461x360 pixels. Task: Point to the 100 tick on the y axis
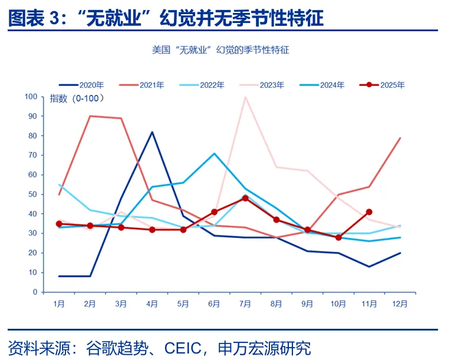pyautogui.click(x=30, y=97)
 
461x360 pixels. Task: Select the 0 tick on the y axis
pyautogui.click(x=35, y=292)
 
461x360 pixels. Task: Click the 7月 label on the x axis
pyautogui.click(x=245, y=304)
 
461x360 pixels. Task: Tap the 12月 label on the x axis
pyautogui.click(x=400, y=304)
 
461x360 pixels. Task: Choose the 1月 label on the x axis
pyautogui.click(x=59, y=304)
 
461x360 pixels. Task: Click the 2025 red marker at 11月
pyautogui.click(x=369, y=212)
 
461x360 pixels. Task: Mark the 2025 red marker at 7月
pyautogui.click(x=245, y=199)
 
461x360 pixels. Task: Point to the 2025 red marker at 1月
pyautogui.click(x=59, y=224)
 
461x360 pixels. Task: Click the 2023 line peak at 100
pyautogui.click(x=245, y=97)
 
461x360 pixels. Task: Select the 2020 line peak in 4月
pyautogui.click(x=152, y=132)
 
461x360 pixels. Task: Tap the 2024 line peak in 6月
pyautogui.click(x=214, y=154)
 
